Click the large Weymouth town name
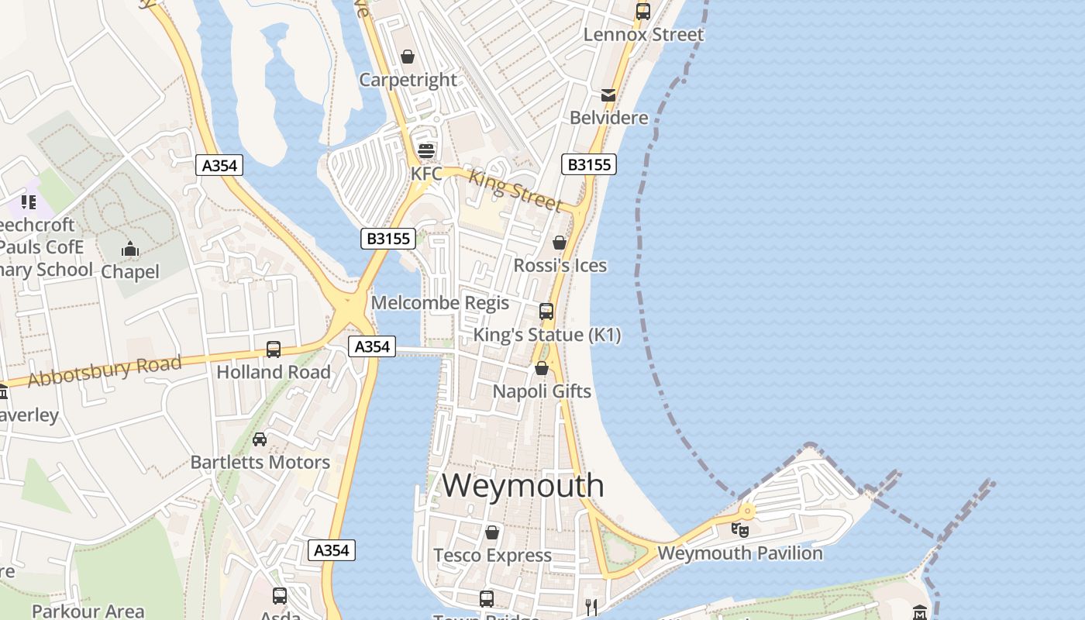pos(523,486)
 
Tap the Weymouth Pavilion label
pos(739,553)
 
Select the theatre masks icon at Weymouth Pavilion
pos(740,531)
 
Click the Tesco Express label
pos(492,556)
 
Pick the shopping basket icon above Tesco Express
pos(491,532)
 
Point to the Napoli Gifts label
pos(542,391)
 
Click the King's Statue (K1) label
pos(547,335)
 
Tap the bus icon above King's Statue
pos(546,312)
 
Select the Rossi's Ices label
pos(560,266)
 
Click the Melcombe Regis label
pos(440,302)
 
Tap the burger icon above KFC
pos(425,150)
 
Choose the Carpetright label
pos(408,80)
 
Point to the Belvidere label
pos(608,118)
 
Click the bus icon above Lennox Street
pos(642,12)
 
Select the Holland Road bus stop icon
pos(274,350)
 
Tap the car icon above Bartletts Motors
pos(260,439)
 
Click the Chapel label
pos(130,272)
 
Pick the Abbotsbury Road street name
pos(105,371)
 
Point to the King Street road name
pos(515,190)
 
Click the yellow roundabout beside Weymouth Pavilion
pos(747,511)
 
